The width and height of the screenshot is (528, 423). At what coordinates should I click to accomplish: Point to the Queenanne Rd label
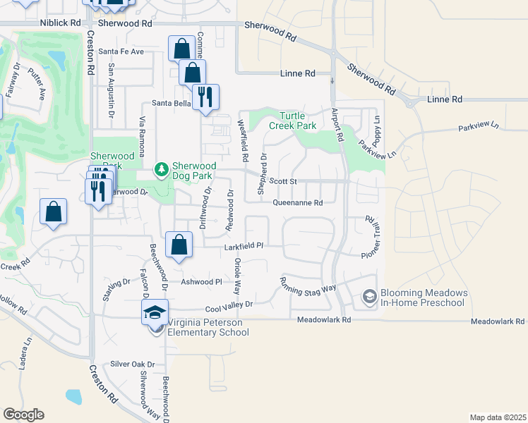(298, 202)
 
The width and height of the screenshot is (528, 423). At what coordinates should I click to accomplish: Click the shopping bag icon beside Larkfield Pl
(179, 245)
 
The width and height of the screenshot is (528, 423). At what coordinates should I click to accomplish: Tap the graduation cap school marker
(155, 312)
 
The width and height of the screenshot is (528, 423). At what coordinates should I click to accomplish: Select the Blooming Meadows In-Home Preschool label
(424, 298)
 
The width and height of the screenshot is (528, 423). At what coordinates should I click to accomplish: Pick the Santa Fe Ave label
(121, 51)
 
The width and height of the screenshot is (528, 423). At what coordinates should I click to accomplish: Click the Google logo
(23, 415)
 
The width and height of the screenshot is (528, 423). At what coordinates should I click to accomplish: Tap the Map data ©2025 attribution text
(497, 417)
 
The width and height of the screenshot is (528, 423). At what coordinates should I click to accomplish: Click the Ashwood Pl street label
(201, 282)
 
